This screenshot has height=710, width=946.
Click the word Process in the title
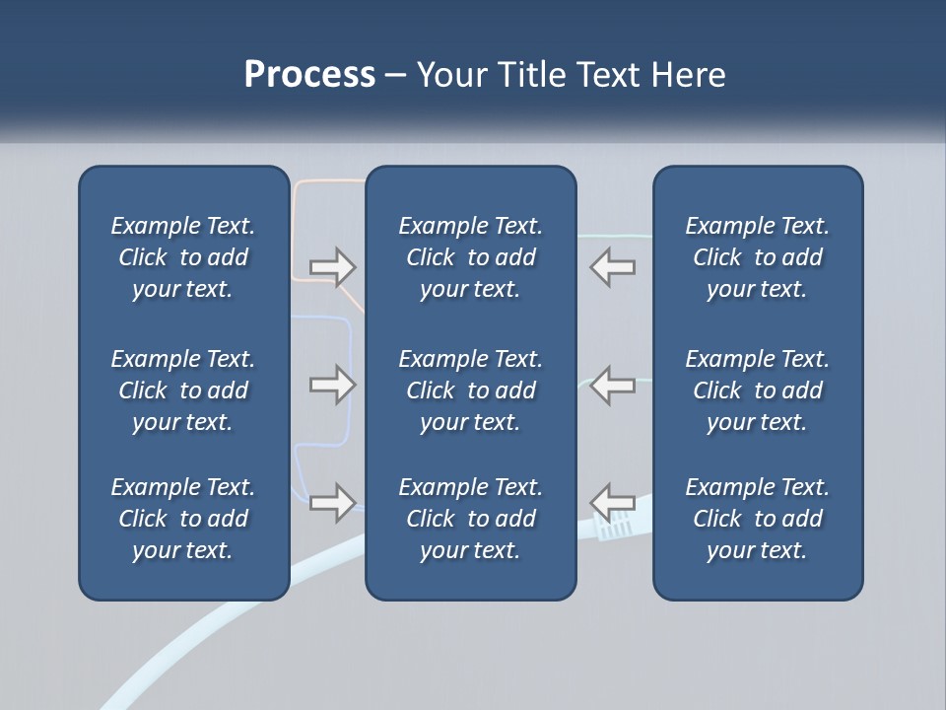coord(309,75)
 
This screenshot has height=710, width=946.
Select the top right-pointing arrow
coord(332,266)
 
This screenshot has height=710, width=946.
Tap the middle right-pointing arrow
coord(332,385)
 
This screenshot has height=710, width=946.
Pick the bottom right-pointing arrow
coord(332,503)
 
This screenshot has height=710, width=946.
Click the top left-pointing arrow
coord(612,266)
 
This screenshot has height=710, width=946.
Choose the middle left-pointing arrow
coord(612,385)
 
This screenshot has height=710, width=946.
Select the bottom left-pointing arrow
coord(612,501)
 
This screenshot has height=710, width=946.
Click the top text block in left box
coord(183,257)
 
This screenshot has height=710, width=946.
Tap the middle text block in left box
coord(183,390)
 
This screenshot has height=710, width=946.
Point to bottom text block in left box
coord(183,519)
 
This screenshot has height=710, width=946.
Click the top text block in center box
coord(470,257)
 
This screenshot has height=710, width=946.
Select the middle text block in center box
coord(470,390)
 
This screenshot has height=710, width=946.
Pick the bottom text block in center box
coord(470,519)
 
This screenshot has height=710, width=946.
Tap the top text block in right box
coord(757,257)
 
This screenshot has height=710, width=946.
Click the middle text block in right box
coord(757,390)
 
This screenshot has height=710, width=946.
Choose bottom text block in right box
coord(757,519)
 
